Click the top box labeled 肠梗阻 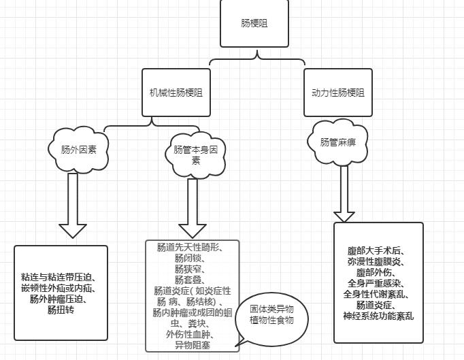254,23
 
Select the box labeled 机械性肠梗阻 176,93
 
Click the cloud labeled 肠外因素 79,150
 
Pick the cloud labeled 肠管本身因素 195,154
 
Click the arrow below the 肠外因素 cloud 73,204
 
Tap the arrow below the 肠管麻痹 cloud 344,193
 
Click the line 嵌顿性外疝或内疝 61,289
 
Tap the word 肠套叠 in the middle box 188,280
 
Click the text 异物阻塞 193,345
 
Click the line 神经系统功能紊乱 378,316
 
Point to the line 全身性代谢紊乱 378,294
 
